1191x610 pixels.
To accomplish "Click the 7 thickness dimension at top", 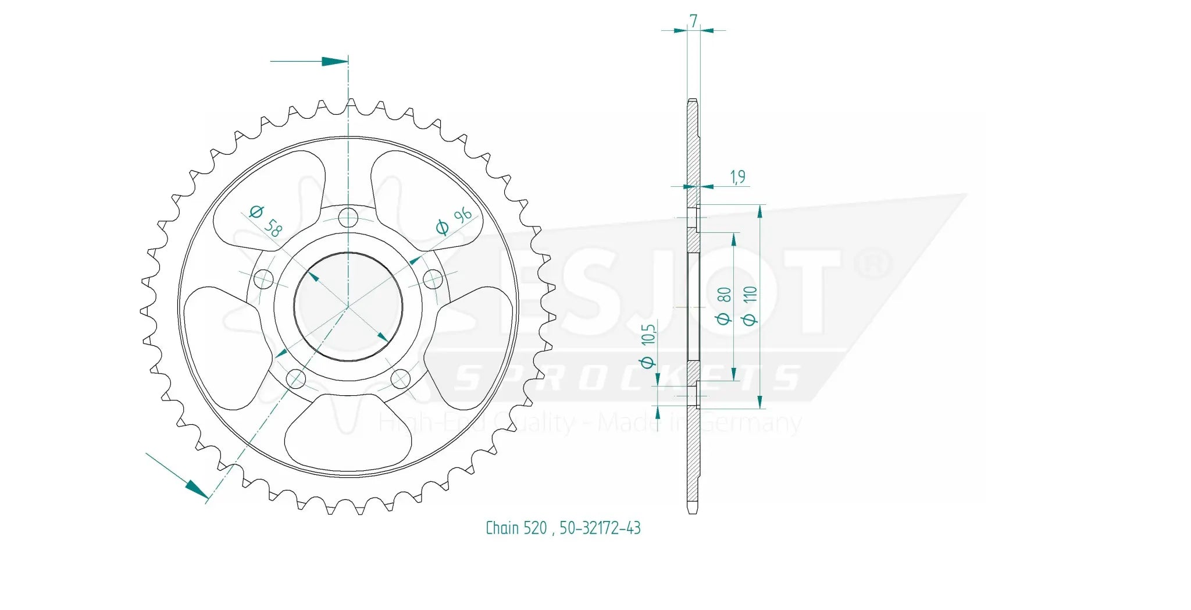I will coord(693,20).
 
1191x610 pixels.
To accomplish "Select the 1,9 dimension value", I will coord(737,176).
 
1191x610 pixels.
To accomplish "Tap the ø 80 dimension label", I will coord(723,305).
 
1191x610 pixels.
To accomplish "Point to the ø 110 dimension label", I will coord(750,305).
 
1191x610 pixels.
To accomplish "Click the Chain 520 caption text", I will coord(516,528).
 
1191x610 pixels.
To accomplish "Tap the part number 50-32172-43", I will coord(600,528).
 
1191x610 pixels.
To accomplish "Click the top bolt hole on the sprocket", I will coord(348,218).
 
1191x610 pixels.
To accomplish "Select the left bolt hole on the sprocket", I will coord(263,279).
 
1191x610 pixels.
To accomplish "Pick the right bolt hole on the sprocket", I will coord(433,279).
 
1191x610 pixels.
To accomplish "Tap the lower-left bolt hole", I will coord(296,380).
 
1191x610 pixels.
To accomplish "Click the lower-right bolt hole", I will coord(401,380).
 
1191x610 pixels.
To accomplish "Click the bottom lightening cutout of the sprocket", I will coord(348,434).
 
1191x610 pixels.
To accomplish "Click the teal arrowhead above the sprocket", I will coord(334,61).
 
